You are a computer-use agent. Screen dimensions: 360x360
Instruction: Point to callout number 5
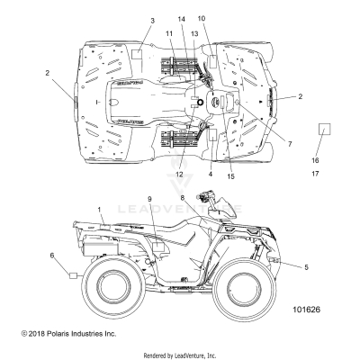(307, 267)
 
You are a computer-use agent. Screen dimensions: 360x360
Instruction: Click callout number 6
(52, 256)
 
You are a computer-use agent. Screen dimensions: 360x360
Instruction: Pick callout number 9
(149, 223)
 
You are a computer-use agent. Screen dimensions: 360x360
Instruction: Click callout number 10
(201, 18)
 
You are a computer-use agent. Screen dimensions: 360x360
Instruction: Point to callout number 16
(315, 159)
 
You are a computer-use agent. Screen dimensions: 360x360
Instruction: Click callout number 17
(315, 172)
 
